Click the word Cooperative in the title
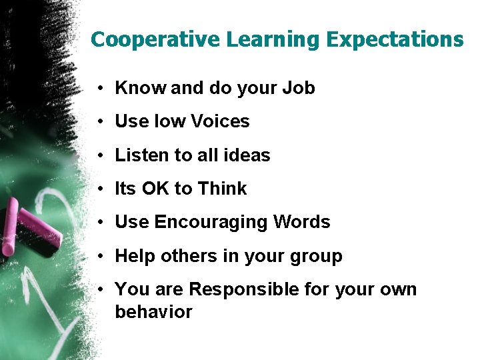[155, 40]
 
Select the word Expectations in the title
[395, 40]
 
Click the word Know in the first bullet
[141, 88]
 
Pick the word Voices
[220, 121]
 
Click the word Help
[135, 256]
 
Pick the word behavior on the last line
[153, 312]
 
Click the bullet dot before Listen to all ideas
[98, 156]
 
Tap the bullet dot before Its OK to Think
[98, 189]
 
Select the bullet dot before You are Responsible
[98, 290]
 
